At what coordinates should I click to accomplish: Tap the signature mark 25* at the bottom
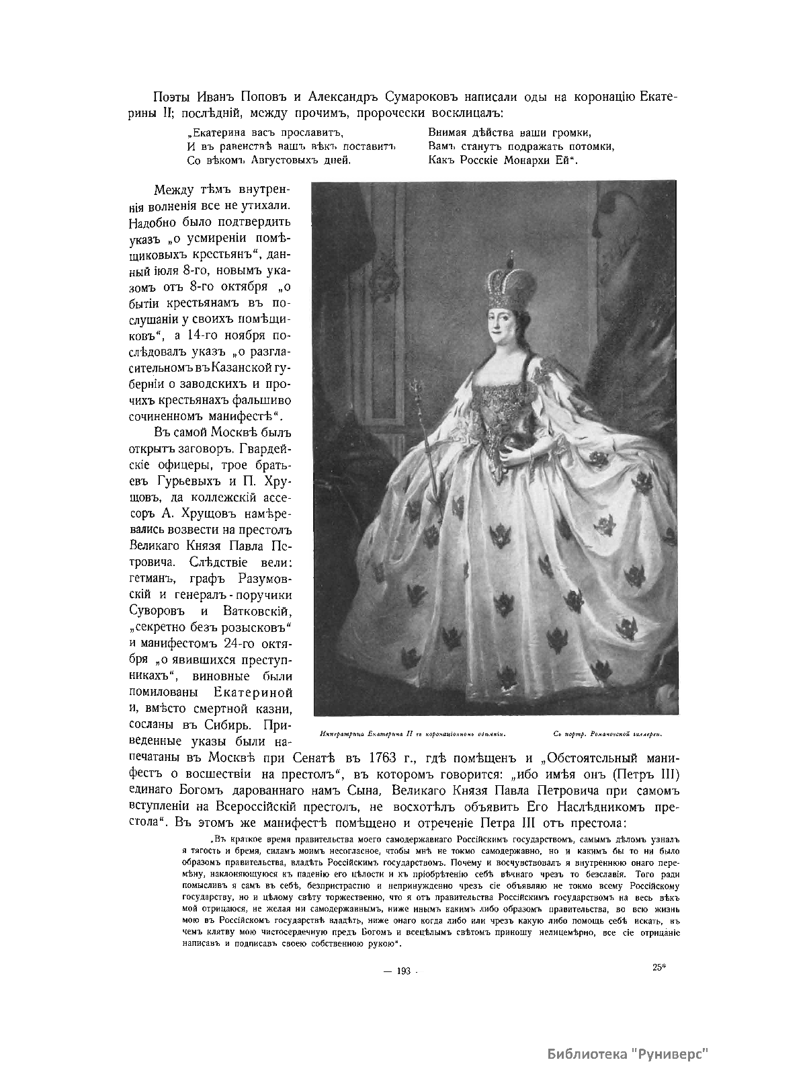click(659, 968)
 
